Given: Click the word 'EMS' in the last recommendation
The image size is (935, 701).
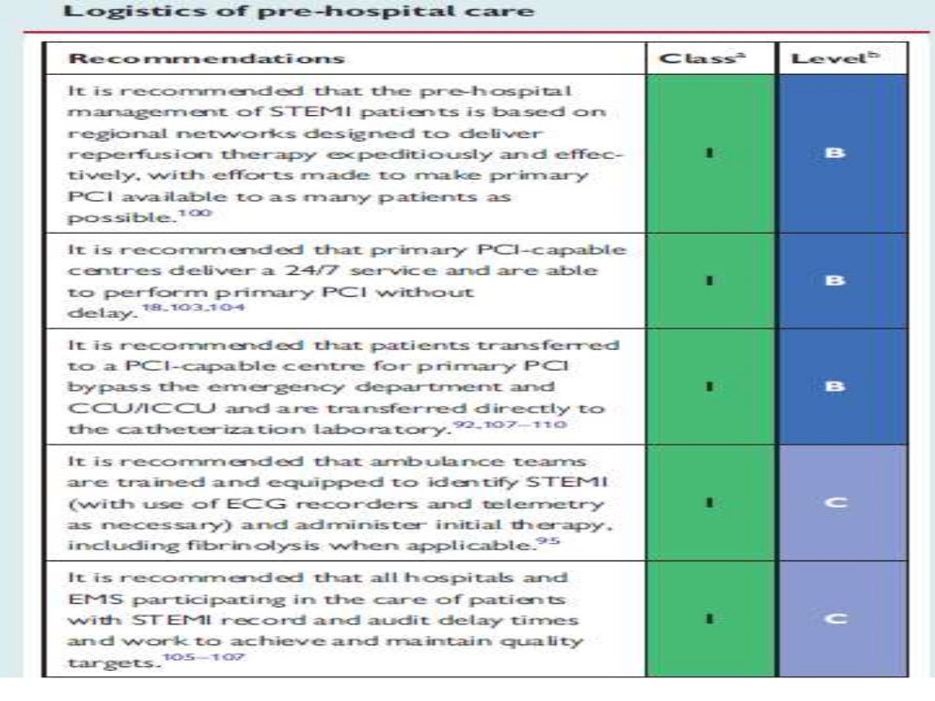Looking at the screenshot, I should [89, 599].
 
